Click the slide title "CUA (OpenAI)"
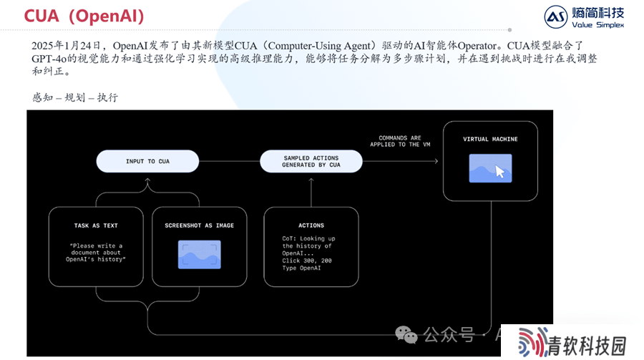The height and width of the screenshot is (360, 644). point(84,16)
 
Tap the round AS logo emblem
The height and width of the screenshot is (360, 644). point(556,17)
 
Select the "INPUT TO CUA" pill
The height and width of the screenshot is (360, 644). point(147,161)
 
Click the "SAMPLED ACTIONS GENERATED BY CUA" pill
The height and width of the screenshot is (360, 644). point(311,161)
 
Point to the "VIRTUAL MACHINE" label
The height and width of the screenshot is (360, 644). point(490,139)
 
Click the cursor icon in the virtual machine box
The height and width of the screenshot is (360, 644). point(500,171)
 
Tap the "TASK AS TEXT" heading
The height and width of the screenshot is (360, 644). point(96,225)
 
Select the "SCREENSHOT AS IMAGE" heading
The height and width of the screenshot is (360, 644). point(199,225)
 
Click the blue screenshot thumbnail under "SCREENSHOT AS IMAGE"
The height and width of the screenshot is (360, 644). point(199,255)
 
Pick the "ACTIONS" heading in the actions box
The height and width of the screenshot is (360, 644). point(311,225)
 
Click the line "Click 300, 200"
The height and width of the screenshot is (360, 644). point(307,261)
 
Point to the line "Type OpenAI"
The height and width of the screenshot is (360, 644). point(301,268)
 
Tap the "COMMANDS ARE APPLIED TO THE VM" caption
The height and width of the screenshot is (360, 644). point(400,141)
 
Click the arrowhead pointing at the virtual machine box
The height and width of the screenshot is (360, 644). point(436,161)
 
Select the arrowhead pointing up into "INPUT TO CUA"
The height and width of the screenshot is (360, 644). point(147,180)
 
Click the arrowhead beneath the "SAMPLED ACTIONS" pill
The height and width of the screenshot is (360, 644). point(311,180)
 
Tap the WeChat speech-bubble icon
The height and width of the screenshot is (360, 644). point(406,335)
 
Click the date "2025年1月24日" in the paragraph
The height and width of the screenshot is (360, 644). point(66,46)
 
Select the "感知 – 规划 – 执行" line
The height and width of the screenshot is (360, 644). point(75,97)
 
